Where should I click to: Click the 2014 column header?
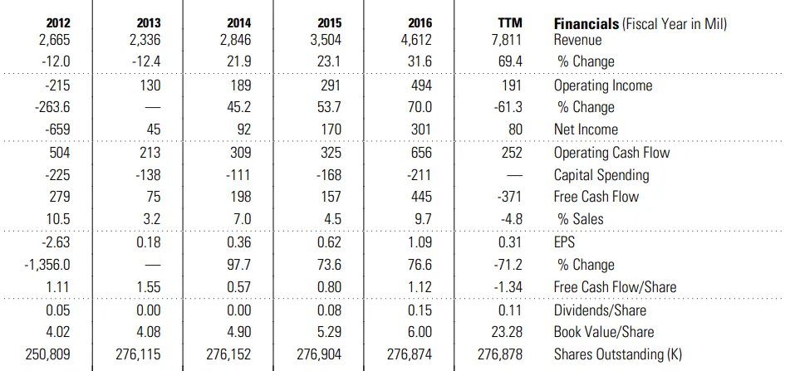coord(239,24)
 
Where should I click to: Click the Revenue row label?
coord(580,39)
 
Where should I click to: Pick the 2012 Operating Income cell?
coord(56,85)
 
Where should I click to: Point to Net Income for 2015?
coord(330,129)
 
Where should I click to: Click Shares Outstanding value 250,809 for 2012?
coord(48,354)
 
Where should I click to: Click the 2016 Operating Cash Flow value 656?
coord(420,153)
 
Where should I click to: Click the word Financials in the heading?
coord(586,24)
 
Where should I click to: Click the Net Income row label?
coord(586,129)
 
